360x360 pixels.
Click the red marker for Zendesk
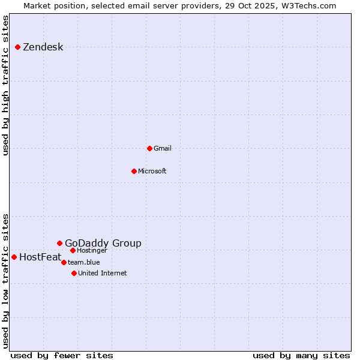18,47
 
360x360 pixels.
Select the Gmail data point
149,148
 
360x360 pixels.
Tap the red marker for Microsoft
134,171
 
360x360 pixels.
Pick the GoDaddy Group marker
59,243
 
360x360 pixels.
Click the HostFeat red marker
14,257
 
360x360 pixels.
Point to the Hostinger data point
73,250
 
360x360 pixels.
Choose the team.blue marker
64,262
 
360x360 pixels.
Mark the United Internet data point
74,273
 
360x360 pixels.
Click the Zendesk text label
43,47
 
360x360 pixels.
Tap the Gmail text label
163,148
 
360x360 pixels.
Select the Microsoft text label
152,171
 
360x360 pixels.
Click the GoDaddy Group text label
103,243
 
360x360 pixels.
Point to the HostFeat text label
40,257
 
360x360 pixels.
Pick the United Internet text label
103,273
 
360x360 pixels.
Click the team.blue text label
84,262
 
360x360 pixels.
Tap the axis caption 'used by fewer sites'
62,355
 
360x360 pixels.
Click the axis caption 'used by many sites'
301,355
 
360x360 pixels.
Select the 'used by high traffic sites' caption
6,85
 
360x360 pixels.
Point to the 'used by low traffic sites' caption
6,281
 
